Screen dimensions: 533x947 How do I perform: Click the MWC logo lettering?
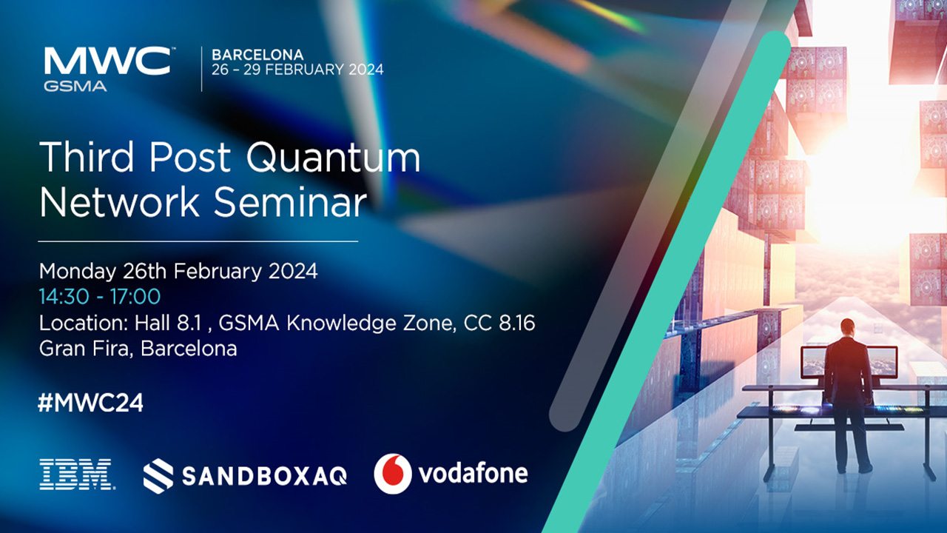coord(107,61)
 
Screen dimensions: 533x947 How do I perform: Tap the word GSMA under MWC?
coord(75,86)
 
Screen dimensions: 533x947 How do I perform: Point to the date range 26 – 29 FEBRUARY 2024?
coord(297,70)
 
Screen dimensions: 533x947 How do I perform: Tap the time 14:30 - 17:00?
coord(100,297)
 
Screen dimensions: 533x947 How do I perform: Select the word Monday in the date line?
coord(77,271)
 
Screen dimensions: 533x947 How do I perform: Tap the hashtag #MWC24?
coord(91,403)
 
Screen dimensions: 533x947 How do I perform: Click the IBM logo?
coord(75,474)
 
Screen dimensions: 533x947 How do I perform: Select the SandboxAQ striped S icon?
coord(158,475)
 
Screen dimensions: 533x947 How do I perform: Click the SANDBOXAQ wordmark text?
coord(264,475)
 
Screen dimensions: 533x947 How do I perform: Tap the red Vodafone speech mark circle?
coord(393,474)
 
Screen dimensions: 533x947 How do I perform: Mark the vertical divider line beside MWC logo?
coord(202,69)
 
